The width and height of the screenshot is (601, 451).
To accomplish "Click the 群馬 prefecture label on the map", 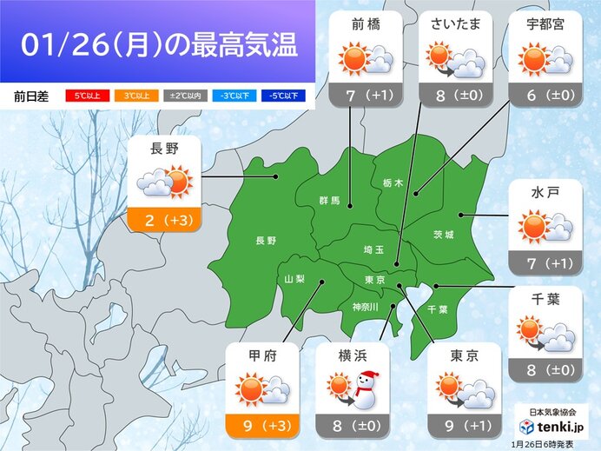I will coord(328,201).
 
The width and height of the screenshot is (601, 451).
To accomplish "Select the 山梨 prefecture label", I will coord(295,278).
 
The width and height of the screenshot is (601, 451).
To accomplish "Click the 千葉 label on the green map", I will coord(438,308).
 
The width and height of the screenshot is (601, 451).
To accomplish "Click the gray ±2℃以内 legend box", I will coord(178,96).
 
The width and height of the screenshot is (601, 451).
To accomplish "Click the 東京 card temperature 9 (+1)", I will coord(464,426).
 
